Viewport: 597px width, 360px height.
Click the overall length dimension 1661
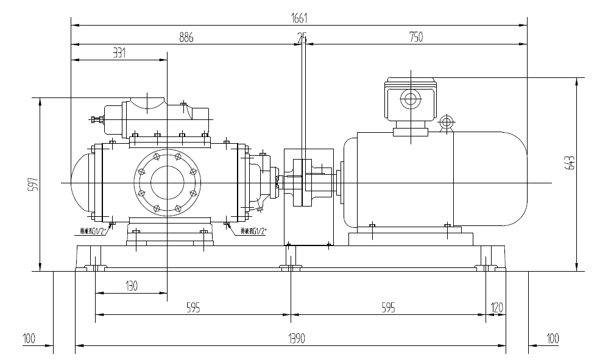click(x=298, y=19)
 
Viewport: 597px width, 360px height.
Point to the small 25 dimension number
click(x=302, y=38)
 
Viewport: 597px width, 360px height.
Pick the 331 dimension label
click(x=119, y=54)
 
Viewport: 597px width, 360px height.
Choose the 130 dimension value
click(x=131, y=285)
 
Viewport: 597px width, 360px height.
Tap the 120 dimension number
click(x=497, y=308)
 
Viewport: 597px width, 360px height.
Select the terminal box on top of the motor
click(x=411, y=99)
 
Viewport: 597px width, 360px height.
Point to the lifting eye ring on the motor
click(x=447, y=122)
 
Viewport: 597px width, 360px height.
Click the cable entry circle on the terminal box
click(x=411, y=99)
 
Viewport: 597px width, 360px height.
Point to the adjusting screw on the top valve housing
click(x=95, y=119)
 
